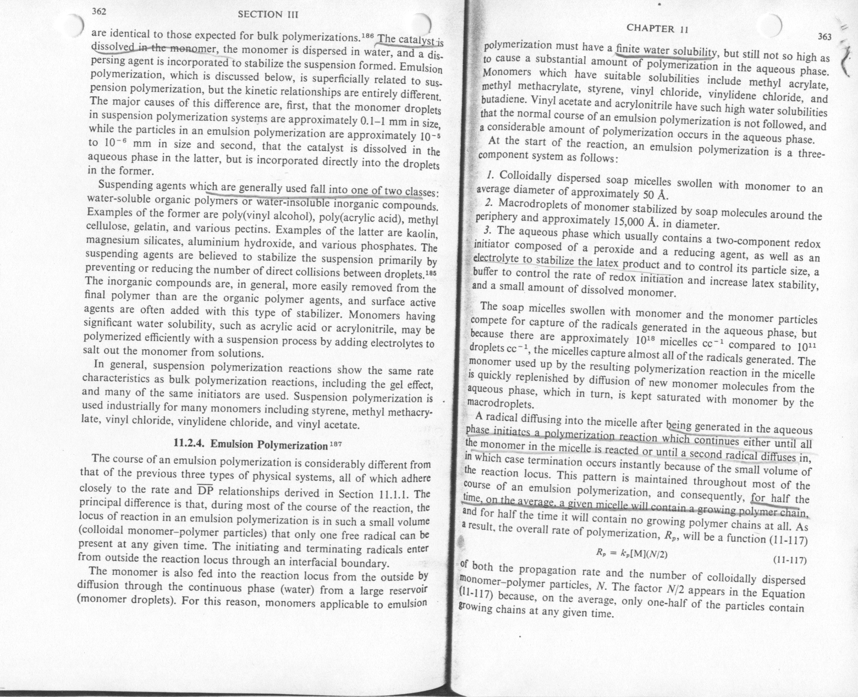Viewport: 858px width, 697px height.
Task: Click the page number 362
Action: click(x=99, y=11)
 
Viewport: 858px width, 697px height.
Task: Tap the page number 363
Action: click(x=824, y=37)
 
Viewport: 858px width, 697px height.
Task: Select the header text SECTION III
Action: click(x=267, y=15)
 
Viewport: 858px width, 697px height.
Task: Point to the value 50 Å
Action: click(x=654, y=194)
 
